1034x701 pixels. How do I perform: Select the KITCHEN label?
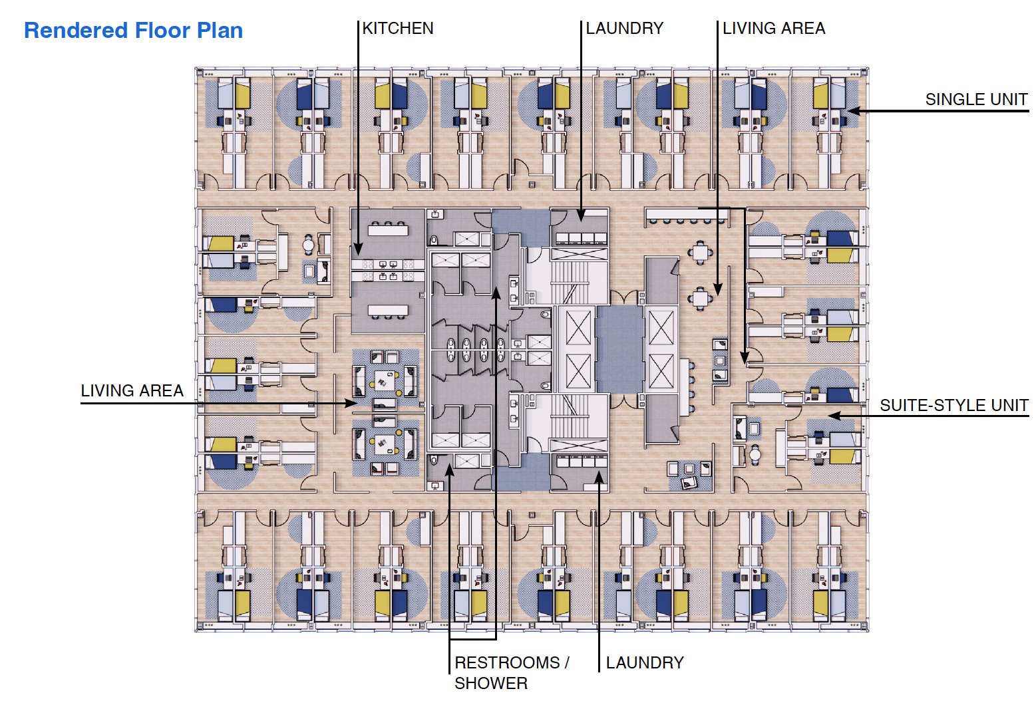click(x=398, y=29)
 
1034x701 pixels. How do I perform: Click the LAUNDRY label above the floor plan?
click(x=624, y=29)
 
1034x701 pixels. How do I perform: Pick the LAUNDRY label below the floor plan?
click(x=644, y=662)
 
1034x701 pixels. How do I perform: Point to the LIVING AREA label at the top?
click(x=773, y=29)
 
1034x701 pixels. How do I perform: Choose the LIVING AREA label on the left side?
click(x=132, y=390)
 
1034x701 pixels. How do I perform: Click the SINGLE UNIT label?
click(x=975, y=100)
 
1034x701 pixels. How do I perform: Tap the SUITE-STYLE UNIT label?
click(x=953, y=405)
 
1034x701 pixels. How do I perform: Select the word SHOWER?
click(x=490, y=683)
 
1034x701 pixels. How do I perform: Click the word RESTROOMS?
click(x=507, y=662)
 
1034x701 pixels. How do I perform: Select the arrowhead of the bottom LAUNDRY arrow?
click(x=599, y=476)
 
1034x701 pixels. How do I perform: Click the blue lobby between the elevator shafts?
click(x=619, y=349)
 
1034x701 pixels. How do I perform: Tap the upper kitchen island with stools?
click(x=388, y=230)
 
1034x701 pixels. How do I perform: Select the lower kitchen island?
click(x=388, y=310)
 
